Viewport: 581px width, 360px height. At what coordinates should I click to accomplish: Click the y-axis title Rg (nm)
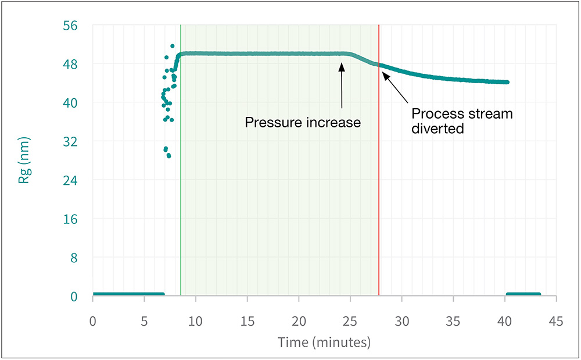point(24,161)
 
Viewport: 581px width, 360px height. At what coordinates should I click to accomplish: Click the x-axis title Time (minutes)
point(324,342)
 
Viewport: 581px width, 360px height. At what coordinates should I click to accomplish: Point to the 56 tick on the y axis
point(78,26)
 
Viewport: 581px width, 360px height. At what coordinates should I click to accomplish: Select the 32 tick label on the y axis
point(78,141)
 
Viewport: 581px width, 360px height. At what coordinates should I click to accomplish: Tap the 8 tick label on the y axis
point(81,258)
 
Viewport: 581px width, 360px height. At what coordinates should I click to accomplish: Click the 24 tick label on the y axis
point(78,180)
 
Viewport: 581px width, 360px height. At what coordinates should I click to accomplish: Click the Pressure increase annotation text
point(303,123)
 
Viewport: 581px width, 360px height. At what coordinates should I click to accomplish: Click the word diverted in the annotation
point(437,129)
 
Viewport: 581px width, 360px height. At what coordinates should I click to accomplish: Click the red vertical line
point(379,174)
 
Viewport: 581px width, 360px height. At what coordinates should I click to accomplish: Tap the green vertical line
point(181,174)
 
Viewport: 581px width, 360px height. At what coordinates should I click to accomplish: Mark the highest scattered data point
point(173,46)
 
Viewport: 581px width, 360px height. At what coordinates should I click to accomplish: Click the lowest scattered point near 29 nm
point(168,156)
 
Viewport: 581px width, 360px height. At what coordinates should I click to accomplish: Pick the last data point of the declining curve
point(507,82)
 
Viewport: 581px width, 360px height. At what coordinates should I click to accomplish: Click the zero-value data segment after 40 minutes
point(523,294)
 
